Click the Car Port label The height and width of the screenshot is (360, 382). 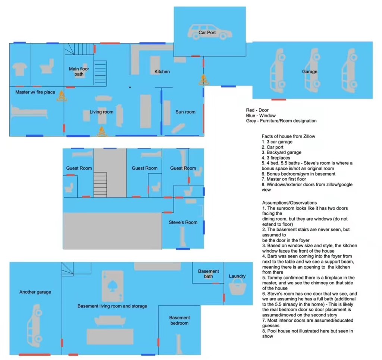click(207, 32)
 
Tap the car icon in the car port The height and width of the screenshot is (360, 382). click(210, 32)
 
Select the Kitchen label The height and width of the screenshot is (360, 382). click(162, 72)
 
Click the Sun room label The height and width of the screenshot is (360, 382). click(185, 112)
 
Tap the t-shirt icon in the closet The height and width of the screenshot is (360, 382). click(20, 69)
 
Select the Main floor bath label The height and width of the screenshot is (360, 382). click(79, 71)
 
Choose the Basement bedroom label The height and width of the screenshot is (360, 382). click(179, 320)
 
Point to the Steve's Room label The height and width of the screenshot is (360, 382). click(183, 222)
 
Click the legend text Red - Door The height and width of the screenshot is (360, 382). click(257, 110)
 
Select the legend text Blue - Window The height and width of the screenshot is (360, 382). click(261, 116)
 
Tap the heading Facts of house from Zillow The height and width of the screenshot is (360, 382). click(288, 136)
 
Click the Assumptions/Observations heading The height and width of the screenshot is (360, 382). click(289, 203)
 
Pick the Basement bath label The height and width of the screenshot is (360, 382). click(208, 274)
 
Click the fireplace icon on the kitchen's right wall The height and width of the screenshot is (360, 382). click(203, 80)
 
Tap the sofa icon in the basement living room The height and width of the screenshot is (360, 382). click(110, 321)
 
